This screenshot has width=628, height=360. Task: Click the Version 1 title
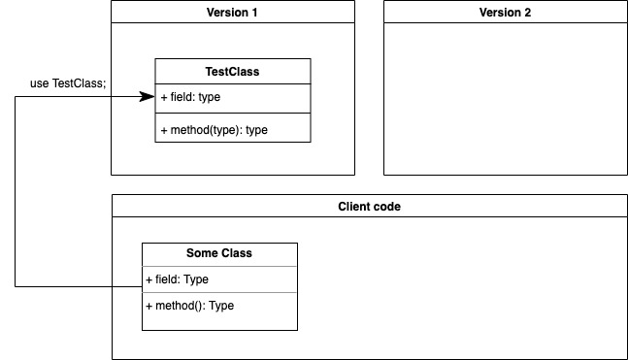(x=233, y=13)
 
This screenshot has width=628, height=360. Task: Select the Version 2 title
(x=505, y=13)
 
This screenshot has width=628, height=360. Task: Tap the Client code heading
(x=369, y=207)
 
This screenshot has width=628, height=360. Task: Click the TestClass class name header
(x=233, y=71)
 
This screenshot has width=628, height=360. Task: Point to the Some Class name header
(x=219, y=253)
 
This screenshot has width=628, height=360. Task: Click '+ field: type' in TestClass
(x=197, y=97)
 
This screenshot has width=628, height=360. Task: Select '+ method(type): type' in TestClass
(x=214, y=130)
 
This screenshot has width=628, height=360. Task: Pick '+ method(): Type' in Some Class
(x=189, y=306)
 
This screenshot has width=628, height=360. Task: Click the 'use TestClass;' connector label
(x=68, y=84)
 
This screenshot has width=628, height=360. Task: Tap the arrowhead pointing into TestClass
(x=148, y=97)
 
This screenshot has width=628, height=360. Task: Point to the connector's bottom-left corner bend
(x=16, y=286)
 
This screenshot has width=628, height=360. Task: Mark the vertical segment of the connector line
(x=16, y=194)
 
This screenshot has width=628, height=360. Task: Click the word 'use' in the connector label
(x=40, y=84)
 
